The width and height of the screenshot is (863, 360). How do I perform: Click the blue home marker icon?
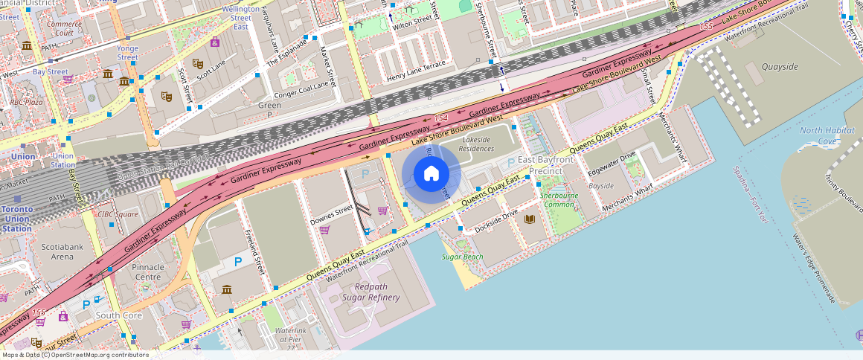pos(431,174)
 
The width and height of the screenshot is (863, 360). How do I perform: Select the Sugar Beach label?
pos(462,257)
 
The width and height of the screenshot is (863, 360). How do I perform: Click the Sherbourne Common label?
pos(559,200)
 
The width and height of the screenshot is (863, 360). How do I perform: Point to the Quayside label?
pos(780,67)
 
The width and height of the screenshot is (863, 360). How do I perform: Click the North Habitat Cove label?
pos(818,135)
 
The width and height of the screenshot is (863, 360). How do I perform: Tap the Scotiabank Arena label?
pos(57,251)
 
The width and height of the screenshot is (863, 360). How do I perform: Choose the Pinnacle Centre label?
pos(147,271)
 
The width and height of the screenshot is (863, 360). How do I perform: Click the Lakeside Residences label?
pos(477,144)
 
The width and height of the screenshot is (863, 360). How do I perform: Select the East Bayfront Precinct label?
pos(546,165)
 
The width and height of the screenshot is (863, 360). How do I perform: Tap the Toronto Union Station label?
pos(16,219)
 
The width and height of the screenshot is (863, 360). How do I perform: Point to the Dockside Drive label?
pos(496,221)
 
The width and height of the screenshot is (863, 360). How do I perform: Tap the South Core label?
pos(118,315)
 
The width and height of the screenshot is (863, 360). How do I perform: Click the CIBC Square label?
pos(118,214)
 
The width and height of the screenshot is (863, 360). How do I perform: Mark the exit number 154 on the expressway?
pos(440,118)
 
